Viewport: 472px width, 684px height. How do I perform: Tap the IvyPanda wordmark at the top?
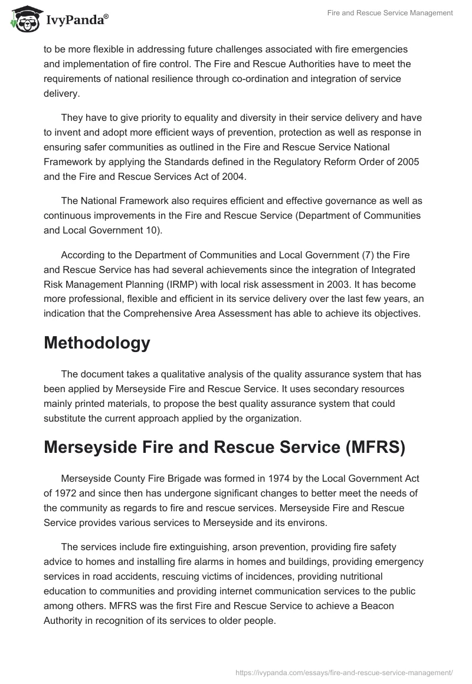[77, 21]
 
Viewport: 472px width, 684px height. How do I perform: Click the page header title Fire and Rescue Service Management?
[390, 13]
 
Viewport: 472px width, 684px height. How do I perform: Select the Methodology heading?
[97, 343]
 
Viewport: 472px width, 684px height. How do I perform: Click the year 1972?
[64, 493]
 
